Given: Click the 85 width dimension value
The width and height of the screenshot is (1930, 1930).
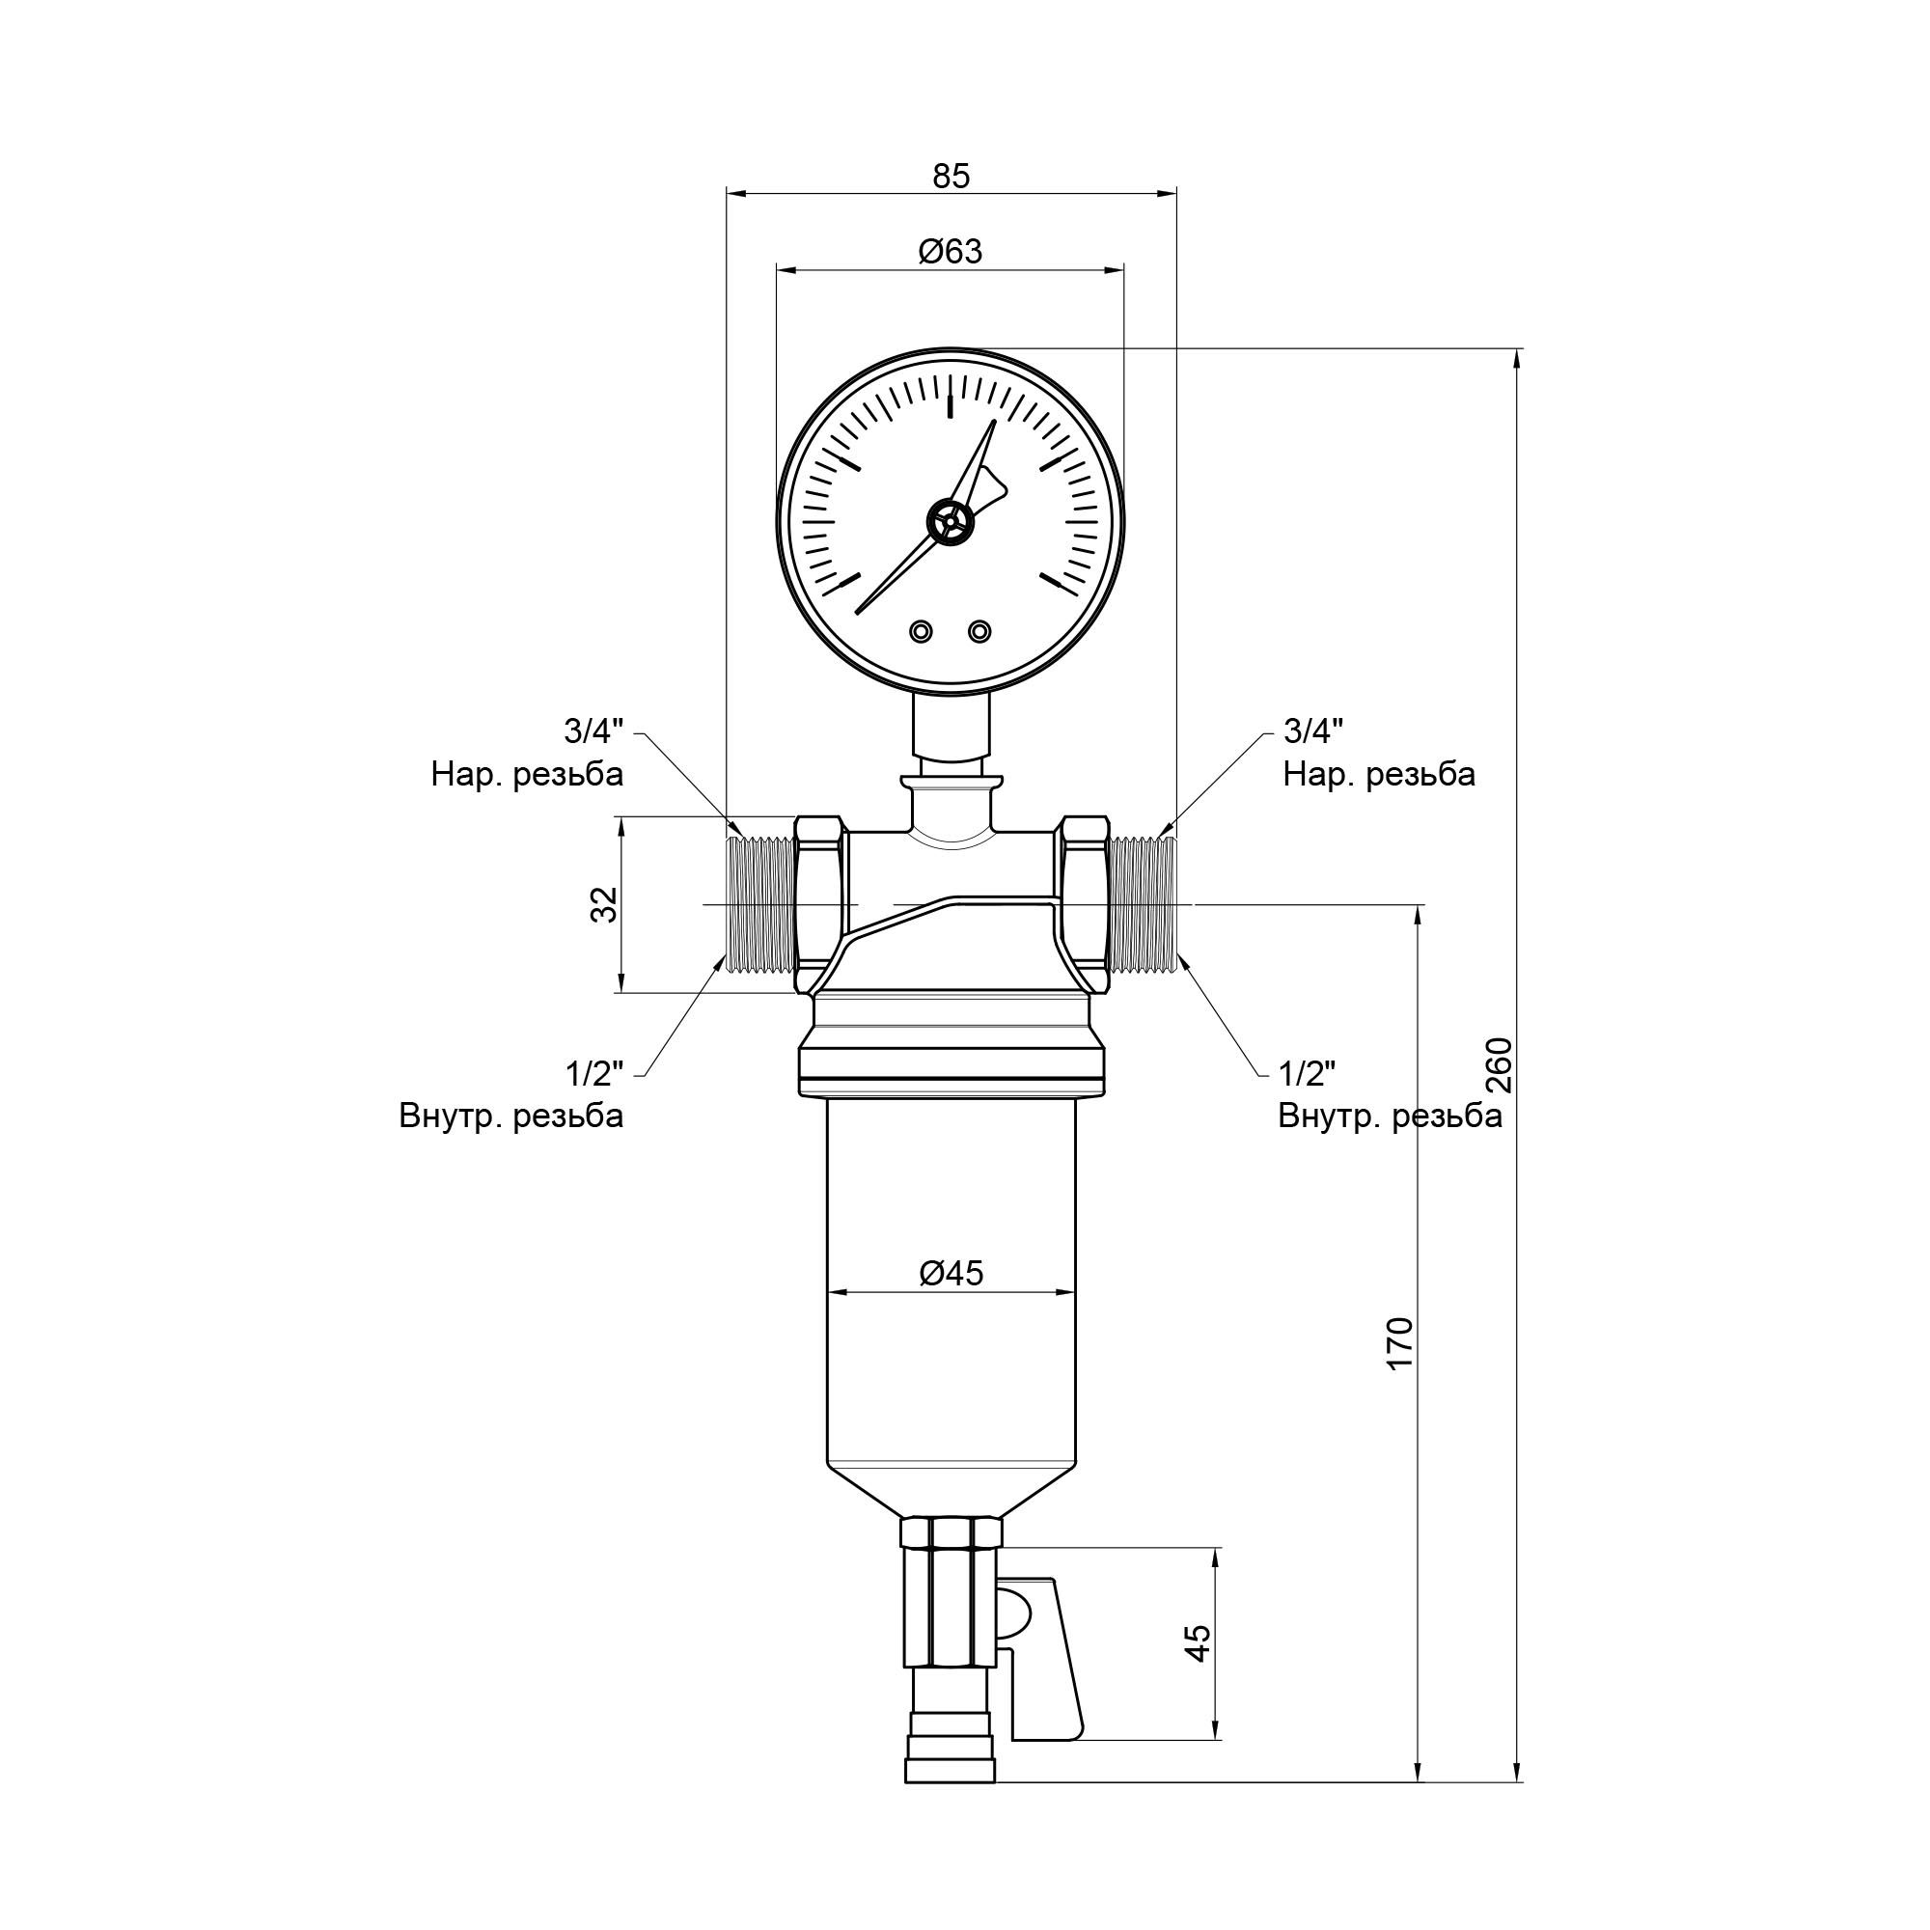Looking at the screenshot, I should tap(951, 177).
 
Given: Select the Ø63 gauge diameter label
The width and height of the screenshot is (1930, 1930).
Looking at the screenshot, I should tap(951, 252).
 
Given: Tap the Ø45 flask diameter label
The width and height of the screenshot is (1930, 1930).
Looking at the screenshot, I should tap(951, 1273).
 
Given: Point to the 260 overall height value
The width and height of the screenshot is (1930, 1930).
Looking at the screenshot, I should tap(1500, 1066).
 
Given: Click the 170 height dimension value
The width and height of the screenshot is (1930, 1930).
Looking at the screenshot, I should tap(1400, 1343).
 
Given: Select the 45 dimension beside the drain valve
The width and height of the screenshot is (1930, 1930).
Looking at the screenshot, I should tap(1198, 1642).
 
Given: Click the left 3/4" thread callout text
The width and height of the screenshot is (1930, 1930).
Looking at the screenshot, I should tap(593, 731).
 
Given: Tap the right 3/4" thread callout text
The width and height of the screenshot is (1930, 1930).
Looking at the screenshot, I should tap(1312, 731).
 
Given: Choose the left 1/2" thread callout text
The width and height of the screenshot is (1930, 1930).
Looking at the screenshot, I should tap(593, 1074).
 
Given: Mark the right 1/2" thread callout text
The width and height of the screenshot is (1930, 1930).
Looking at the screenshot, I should tap(1308, 1074).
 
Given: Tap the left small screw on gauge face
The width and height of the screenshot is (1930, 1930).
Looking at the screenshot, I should tap(920, 631).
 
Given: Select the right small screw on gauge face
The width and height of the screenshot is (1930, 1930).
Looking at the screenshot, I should tap(980, 631).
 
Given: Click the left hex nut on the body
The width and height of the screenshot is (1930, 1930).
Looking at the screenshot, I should tap(821, 904).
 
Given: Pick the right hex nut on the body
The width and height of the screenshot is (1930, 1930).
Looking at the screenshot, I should tap(1083, 904).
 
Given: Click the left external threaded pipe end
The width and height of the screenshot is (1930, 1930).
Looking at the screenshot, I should tap(760, 904).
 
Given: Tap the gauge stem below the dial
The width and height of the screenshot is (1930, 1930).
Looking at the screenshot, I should tap(951, 727).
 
